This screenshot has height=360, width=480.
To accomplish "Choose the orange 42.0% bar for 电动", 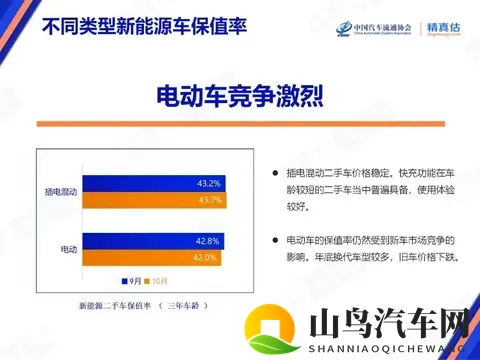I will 150,257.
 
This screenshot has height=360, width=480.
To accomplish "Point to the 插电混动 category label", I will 61,190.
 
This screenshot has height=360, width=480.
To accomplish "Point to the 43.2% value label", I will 209,183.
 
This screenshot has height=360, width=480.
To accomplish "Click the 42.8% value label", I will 208,240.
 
